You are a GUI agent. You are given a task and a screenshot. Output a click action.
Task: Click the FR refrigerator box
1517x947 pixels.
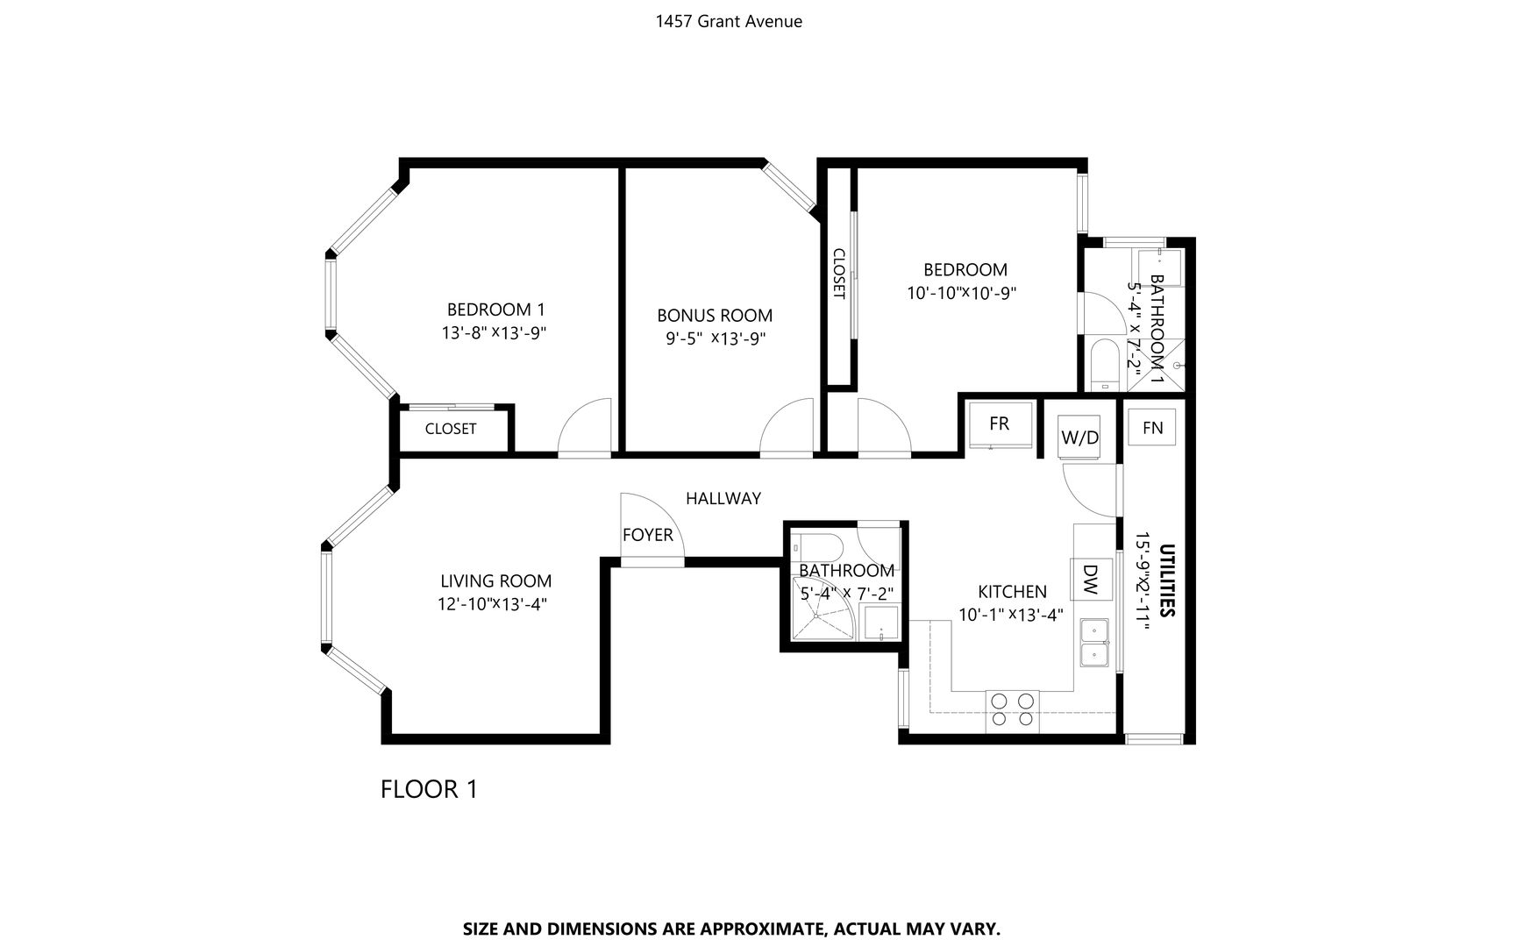click(x=999, y=424)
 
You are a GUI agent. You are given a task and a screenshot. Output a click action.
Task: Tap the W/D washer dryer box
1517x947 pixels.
click(x=1079, y=437)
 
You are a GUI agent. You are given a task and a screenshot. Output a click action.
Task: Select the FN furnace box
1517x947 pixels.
click(x=1152, y=427)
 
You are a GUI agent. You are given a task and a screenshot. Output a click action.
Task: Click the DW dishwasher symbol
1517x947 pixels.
click(x=1091, y=579)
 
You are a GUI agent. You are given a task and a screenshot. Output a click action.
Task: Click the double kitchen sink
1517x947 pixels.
click(x=1094, y=643)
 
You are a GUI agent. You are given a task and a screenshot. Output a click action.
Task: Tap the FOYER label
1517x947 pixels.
click(x=648, y=535)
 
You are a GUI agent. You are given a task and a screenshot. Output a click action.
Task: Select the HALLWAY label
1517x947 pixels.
click(x=723, y=498)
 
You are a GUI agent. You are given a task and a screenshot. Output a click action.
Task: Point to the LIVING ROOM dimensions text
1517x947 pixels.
click(x=496, y=603)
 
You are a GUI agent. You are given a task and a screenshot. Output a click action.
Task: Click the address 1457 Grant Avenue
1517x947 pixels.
click(x=729, y=21)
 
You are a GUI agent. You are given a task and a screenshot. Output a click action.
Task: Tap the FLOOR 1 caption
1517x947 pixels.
click(x=430, y=789)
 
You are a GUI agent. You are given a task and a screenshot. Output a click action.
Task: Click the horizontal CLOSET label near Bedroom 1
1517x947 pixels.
click(x=451, y=429)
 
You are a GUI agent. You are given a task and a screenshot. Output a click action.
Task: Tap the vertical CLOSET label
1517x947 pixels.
click(x=838, y=274)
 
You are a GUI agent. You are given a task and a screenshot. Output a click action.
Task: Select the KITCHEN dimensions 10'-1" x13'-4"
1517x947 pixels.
click(x=1011, y=615)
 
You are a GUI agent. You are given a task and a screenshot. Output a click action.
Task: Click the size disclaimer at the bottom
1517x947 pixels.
click(x=731, y=928)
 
